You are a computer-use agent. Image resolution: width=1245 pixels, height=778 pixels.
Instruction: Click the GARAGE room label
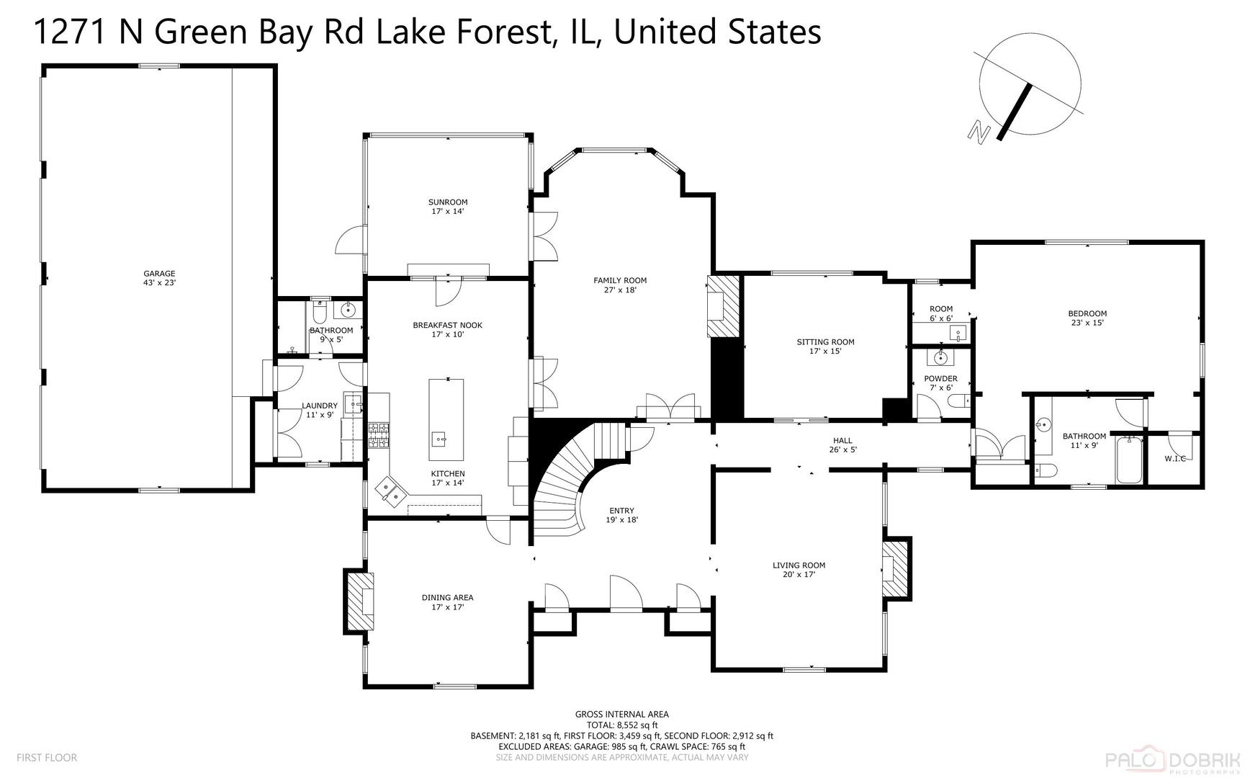tap(159, 278)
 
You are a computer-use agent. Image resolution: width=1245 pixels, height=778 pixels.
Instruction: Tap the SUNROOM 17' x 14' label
tap(448, 207)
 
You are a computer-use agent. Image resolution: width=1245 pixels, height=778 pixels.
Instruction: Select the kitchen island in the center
tap(446, 419)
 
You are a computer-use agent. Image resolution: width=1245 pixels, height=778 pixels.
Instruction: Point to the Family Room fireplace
tap(724, 305)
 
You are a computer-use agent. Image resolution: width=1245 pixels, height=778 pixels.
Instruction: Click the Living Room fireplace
tap(895, 567)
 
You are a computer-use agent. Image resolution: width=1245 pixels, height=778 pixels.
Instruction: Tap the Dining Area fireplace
tap(360, 602)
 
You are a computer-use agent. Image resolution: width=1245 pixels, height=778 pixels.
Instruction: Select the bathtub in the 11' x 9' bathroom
tap(1128, 460)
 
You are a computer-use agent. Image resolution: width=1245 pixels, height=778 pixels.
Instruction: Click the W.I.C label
tap(1174, 459)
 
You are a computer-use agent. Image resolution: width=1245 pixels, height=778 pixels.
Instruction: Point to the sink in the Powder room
tap(940, 357)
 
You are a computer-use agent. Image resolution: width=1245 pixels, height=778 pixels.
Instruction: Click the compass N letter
tap(977, 131)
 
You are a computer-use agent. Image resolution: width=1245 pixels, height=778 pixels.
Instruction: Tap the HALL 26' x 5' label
tap(842, 445)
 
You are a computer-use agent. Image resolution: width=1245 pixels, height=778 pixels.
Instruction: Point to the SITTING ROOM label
tap(825, 346)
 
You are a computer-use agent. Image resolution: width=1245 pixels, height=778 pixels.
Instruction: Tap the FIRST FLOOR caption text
tap(47, 757)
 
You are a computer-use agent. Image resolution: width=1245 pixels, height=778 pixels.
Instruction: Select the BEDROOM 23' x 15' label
tap(1087, 318)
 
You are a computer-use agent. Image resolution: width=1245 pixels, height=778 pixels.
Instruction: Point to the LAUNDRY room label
tap(320, 410)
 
